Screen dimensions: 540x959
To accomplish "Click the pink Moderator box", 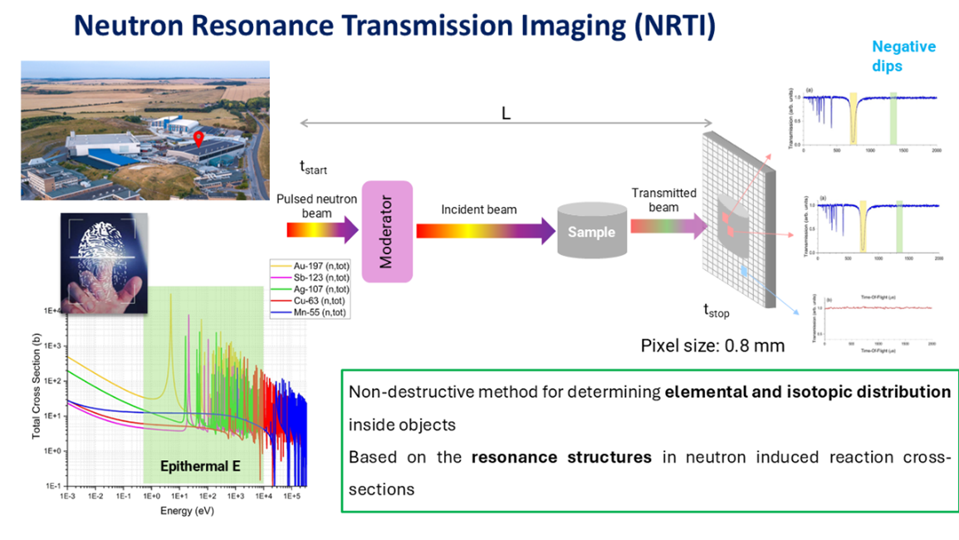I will tap(386, 232).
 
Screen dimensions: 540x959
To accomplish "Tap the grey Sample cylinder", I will tap(591, 232).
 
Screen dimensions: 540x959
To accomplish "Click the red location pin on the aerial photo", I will tap(198, 138).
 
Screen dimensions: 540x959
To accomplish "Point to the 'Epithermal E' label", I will tap(201, 467).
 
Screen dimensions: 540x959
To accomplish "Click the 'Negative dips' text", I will tap(903, 56).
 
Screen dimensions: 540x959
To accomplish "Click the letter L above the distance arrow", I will tap(506, 114).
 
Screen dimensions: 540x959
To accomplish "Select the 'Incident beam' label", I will tap(478, 209).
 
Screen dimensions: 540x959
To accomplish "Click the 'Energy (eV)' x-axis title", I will tap(187, 510).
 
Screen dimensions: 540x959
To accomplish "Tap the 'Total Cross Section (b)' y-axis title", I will tap(37, 395).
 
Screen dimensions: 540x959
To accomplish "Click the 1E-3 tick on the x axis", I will tap(67, 496).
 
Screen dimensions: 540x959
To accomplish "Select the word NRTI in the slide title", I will tap(669, 26).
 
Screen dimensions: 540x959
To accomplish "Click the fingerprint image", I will tap(104, 262).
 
